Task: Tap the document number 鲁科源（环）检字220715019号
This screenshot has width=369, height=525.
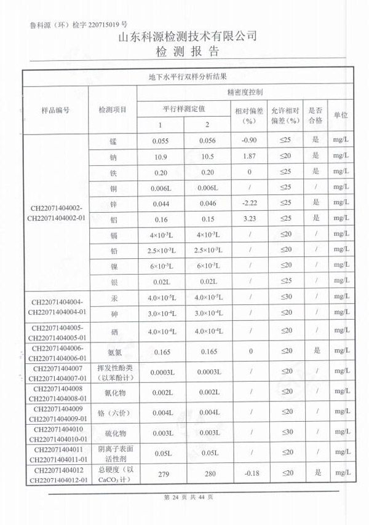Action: pos(78,25)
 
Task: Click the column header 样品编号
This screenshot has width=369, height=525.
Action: pos(55,110)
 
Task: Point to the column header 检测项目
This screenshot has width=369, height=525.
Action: pos(113,110)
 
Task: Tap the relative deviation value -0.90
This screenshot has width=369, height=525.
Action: pos(249,141)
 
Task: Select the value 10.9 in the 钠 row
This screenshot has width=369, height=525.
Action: pos(160,156)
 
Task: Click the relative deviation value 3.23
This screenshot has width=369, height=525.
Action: pos(249,218)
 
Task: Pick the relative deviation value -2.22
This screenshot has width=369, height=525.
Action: pos(249,203)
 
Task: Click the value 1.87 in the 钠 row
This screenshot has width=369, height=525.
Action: pos(249,156)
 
